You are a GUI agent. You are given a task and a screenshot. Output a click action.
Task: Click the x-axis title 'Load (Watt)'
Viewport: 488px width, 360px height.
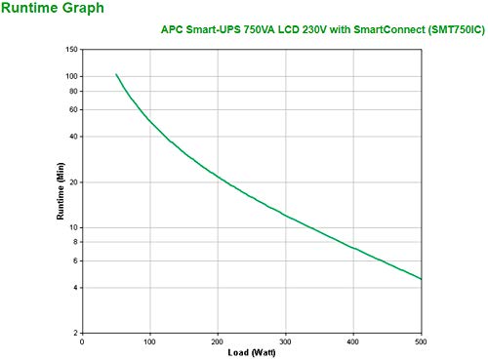point(252,352)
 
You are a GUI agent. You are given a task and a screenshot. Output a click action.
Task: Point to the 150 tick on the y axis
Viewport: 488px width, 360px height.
point(70,49)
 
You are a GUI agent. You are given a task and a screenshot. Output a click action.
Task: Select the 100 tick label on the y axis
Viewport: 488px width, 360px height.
point(70,76)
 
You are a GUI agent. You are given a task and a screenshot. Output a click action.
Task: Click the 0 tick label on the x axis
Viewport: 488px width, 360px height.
point(82,341)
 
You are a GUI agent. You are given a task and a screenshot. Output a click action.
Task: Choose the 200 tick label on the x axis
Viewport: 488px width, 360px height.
point(218,341)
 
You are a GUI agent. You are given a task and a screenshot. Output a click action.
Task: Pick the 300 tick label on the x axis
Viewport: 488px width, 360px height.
point(286,341)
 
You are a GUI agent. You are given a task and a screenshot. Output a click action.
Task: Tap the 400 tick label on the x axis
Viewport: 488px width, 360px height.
point(353,341)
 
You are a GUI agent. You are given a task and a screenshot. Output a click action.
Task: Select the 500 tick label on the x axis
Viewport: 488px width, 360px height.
point(421,341)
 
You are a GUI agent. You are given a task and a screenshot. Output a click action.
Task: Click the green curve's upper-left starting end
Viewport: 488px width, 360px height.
point(116,74)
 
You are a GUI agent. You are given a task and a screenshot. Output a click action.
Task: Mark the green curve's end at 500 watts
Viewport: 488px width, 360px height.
point(421,279)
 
